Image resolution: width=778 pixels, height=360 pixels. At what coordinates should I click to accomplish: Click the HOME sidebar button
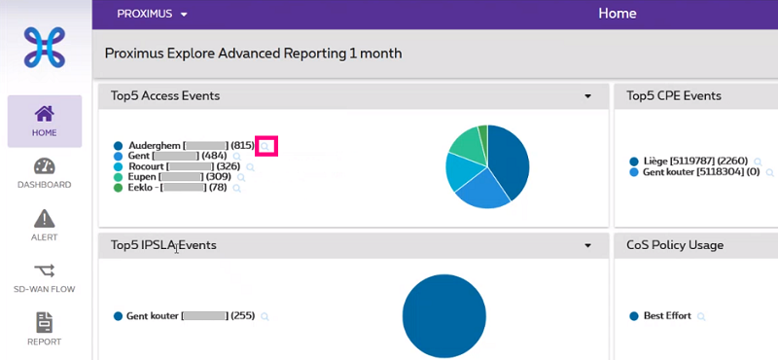pos(45,121)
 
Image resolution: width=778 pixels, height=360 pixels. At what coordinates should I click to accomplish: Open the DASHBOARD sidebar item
pos(45,172)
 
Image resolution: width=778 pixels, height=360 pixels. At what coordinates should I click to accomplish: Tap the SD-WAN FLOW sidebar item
pos(45,277)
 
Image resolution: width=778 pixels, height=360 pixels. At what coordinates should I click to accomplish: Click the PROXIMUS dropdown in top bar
pos(152,14)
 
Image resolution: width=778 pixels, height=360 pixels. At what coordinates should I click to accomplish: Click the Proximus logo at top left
pos(45,47)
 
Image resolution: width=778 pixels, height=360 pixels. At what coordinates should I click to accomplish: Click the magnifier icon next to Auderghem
pos(265,146)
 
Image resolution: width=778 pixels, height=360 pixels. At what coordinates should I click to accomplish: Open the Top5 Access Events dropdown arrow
pos(587,96)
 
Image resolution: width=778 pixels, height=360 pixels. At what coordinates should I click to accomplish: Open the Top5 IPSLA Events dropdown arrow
pos(587,246)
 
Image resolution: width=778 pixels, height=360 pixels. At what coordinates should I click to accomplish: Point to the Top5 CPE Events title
pos(674,95)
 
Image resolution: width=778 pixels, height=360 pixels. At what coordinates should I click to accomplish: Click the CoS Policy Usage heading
pos(675,245)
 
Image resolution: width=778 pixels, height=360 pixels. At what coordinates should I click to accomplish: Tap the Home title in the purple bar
pos(618,14)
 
